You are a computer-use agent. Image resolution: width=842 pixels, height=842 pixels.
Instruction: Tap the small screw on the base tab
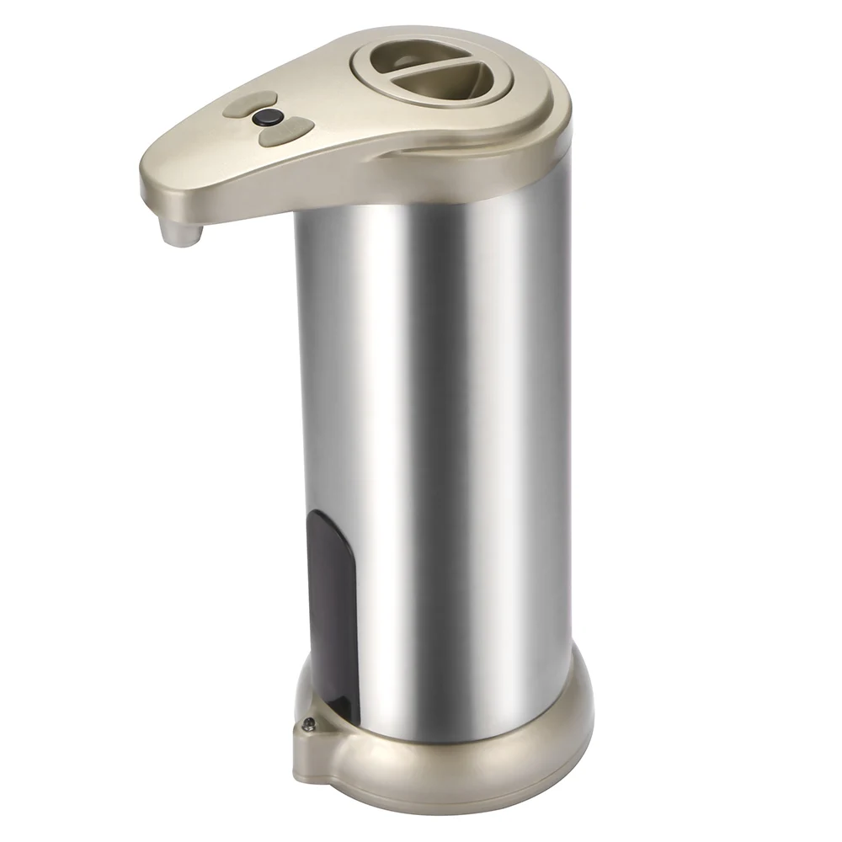(x=309, y=722)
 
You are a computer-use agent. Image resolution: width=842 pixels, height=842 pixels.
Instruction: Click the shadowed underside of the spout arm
(x=244, y=210)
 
